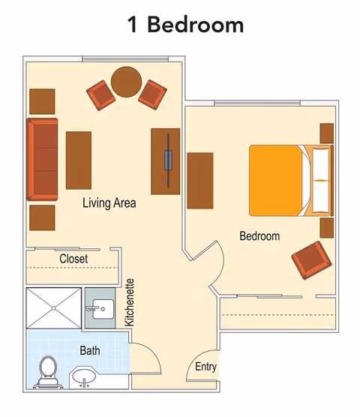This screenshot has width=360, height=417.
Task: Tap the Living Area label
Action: coord(109,202)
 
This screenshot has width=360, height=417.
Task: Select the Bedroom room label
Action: coord(259,236)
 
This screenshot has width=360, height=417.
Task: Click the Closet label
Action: coord(73,259)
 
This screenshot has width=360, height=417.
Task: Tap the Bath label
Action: coord(90,350)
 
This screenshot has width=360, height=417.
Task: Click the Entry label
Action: coord(205,367)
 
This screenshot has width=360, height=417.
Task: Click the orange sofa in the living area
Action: coord(42,159)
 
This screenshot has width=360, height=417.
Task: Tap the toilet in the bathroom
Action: coord(48,370)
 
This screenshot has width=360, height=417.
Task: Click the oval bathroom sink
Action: coord(84,376)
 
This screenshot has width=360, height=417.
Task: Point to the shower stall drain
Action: coord(53,307)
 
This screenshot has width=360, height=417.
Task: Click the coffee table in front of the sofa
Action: coord(78,160)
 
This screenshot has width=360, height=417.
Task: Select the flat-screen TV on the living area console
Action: coord(169,160)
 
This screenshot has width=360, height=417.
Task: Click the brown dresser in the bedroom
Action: coord(200,180)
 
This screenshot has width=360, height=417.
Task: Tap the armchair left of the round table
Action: coord(100,94)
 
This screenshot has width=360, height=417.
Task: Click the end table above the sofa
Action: coord(42,100)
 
